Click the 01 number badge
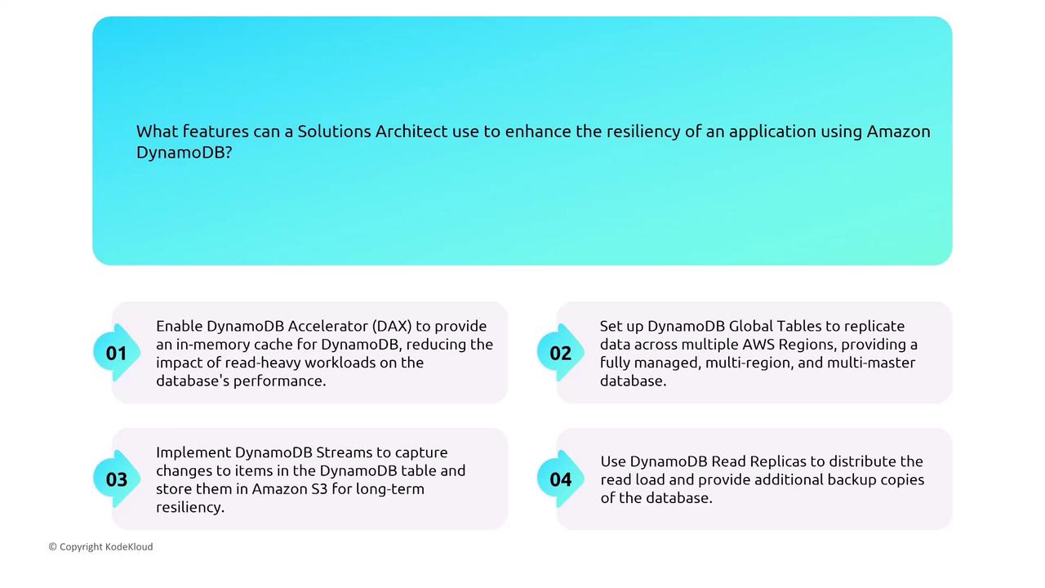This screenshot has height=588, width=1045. [117, 353]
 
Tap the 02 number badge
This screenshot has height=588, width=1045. [560, 353]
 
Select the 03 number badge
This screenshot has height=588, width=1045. [117, 479]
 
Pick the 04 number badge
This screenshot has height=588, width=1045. [560, 479]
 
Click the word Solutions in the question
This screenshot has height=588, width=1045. [335, 131]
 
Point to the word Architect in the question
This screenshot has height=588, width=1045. [411, 131]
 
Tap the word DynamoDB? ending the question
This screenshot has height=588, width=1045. [184, 152]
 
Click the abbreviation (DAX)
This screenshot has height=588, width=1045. [392, 326]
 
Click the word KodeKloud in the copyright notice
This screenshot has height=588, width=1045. [129, 546]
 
